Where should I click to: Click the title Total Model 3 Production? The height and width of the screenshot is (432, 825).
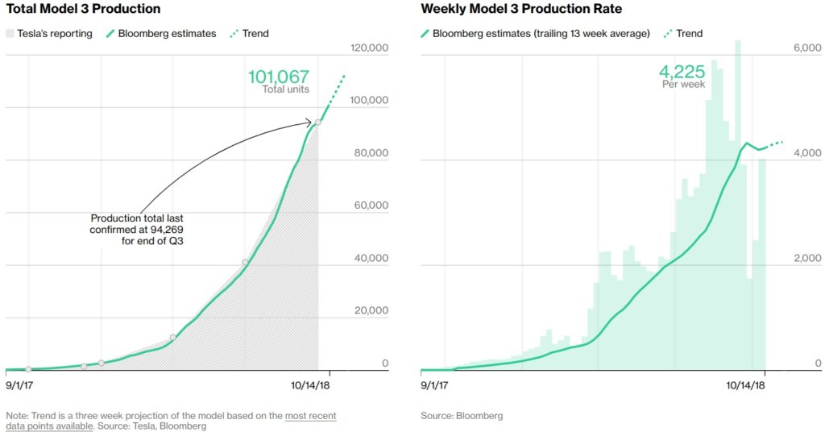pyautogui.click(x=83, y=9)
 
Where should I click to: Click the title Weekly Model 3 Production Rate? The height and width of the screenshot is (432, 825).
pyautogui.click(x=521, y=9)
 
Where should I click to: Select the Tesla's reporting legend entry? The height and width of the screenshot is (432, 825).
pyautogui.click(x=49, y=34)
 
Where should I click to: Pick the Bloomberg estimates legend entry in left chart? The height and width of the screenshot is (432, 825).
pyautogui.click(x=161, y=34)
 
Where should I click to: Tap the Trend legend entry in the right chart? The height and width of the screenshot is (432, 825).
pyautogui.click(x=683, y=34)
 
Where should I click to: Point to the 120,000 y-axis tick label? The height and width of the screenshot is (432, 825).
pyautogui.click(x=369, y=48)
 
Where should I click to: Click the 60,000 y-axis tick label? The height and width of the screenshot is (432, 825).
pyautogui.click(x=371, y=206)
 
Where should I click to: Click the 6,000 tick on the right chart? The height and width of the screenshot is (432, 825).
pyautogui.click(x=807, y=48)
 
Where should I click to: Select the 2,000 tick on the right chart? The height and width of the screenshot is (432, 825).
pyautogui.click(x=807, y=258)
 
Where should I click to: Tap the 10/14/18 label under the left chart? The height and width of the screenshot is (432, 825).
pyautogui.click(x=310, y=385)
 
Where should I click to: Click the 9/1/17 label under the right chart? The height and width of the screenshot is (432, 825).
pyautogui.click(x=434, y=385)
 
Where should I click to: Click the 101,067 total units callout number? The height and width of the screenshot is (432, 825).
pyautogui.click(x=279, y=77)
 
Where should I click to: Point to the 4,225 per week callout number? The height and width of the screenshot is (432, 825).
pyautogui.click(x=682, y=72)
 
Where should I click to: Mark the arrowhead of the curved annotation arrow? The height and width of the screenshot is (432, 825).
pyautogui.click(x=309, y=123)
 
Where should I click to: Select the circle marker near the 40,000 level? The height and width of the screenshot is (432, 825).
pyautogui.click(x=245, y=262)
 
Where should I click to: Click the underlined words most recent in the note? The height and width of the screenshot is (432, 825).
pyautogui.click(x=310, y=416)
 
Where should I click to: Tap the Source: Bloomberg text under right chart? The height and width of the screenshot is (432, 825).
pyautogui.click(x=462, y=416)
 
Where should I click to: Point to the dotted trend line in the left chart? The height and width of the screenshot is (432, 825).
pyautogui.click(x=336, y=90)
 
